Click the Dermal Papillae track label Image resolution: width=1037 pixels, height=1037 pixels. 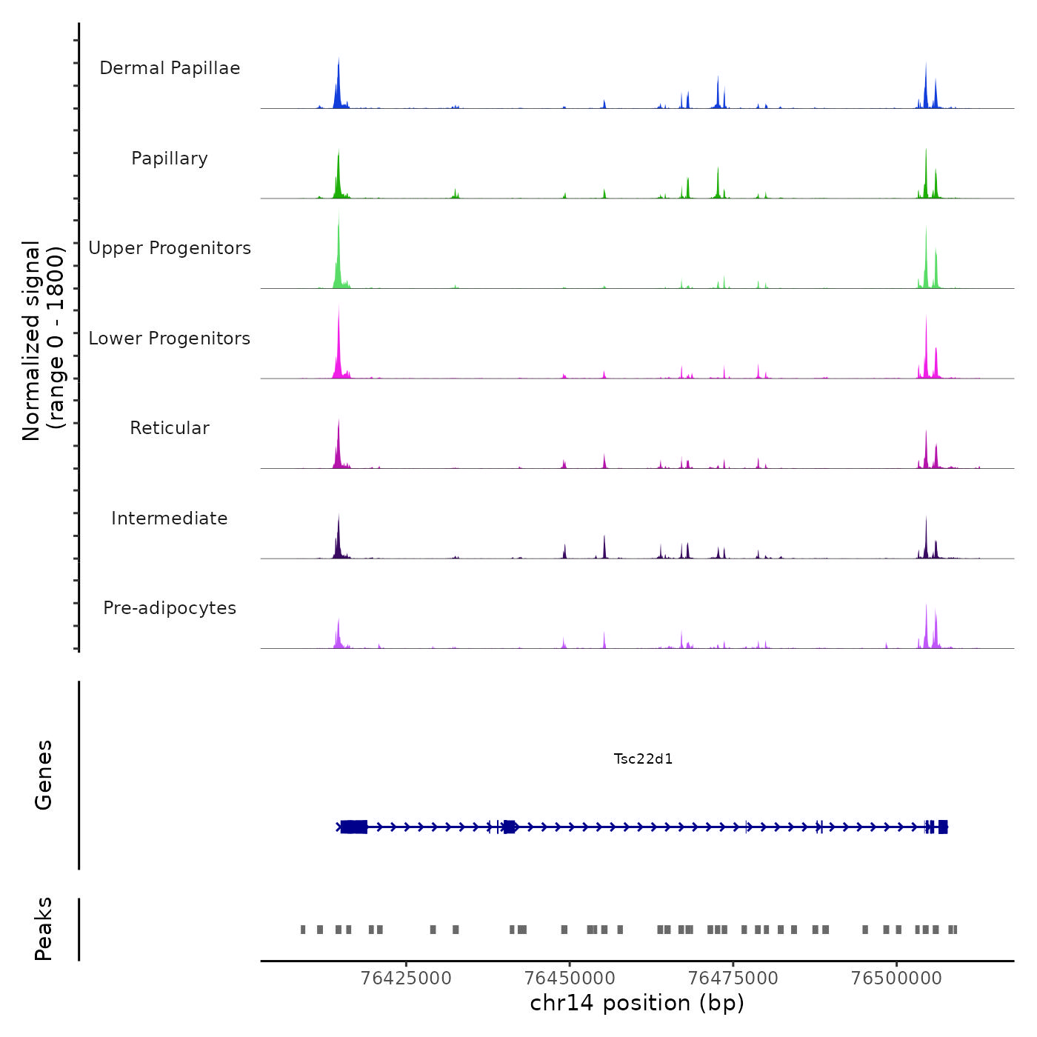point(170,68)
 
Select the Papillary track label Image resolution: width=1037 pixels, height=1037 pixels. point(170,159)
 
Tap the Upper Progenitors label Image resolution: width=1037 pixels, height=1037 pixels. point(170,248)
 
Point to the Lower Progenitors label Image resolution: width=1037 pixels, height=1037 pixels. point(170,339)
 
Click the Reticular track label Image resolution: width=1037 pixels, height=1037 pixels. point(170,428)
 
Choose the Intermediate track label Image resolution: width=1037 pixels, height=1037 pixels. point(170,518)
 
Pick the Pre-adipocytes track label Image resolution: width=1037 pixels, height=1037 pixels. point(170,608)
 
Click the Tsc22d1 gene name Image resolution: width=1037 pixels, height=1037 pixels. point(643,758)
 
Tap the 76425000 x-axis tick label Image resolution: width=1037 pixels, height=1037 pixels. point(406,978)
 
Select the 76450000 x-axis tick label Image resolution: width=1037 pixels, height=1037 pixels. point(570,978)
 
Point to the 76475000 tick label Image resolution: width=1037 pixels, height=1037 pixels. point(733,978)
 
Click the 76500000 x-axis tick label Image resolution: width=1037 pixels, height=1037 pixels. point(896,978)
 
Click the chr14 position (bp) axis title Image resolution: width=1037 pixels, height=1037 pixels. point(637,1003)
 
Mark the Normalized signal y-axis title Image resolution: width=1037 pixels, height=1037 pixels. point(43,341)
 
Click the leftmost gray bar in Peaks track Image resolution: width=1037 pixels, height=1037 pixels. point(303,930)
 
